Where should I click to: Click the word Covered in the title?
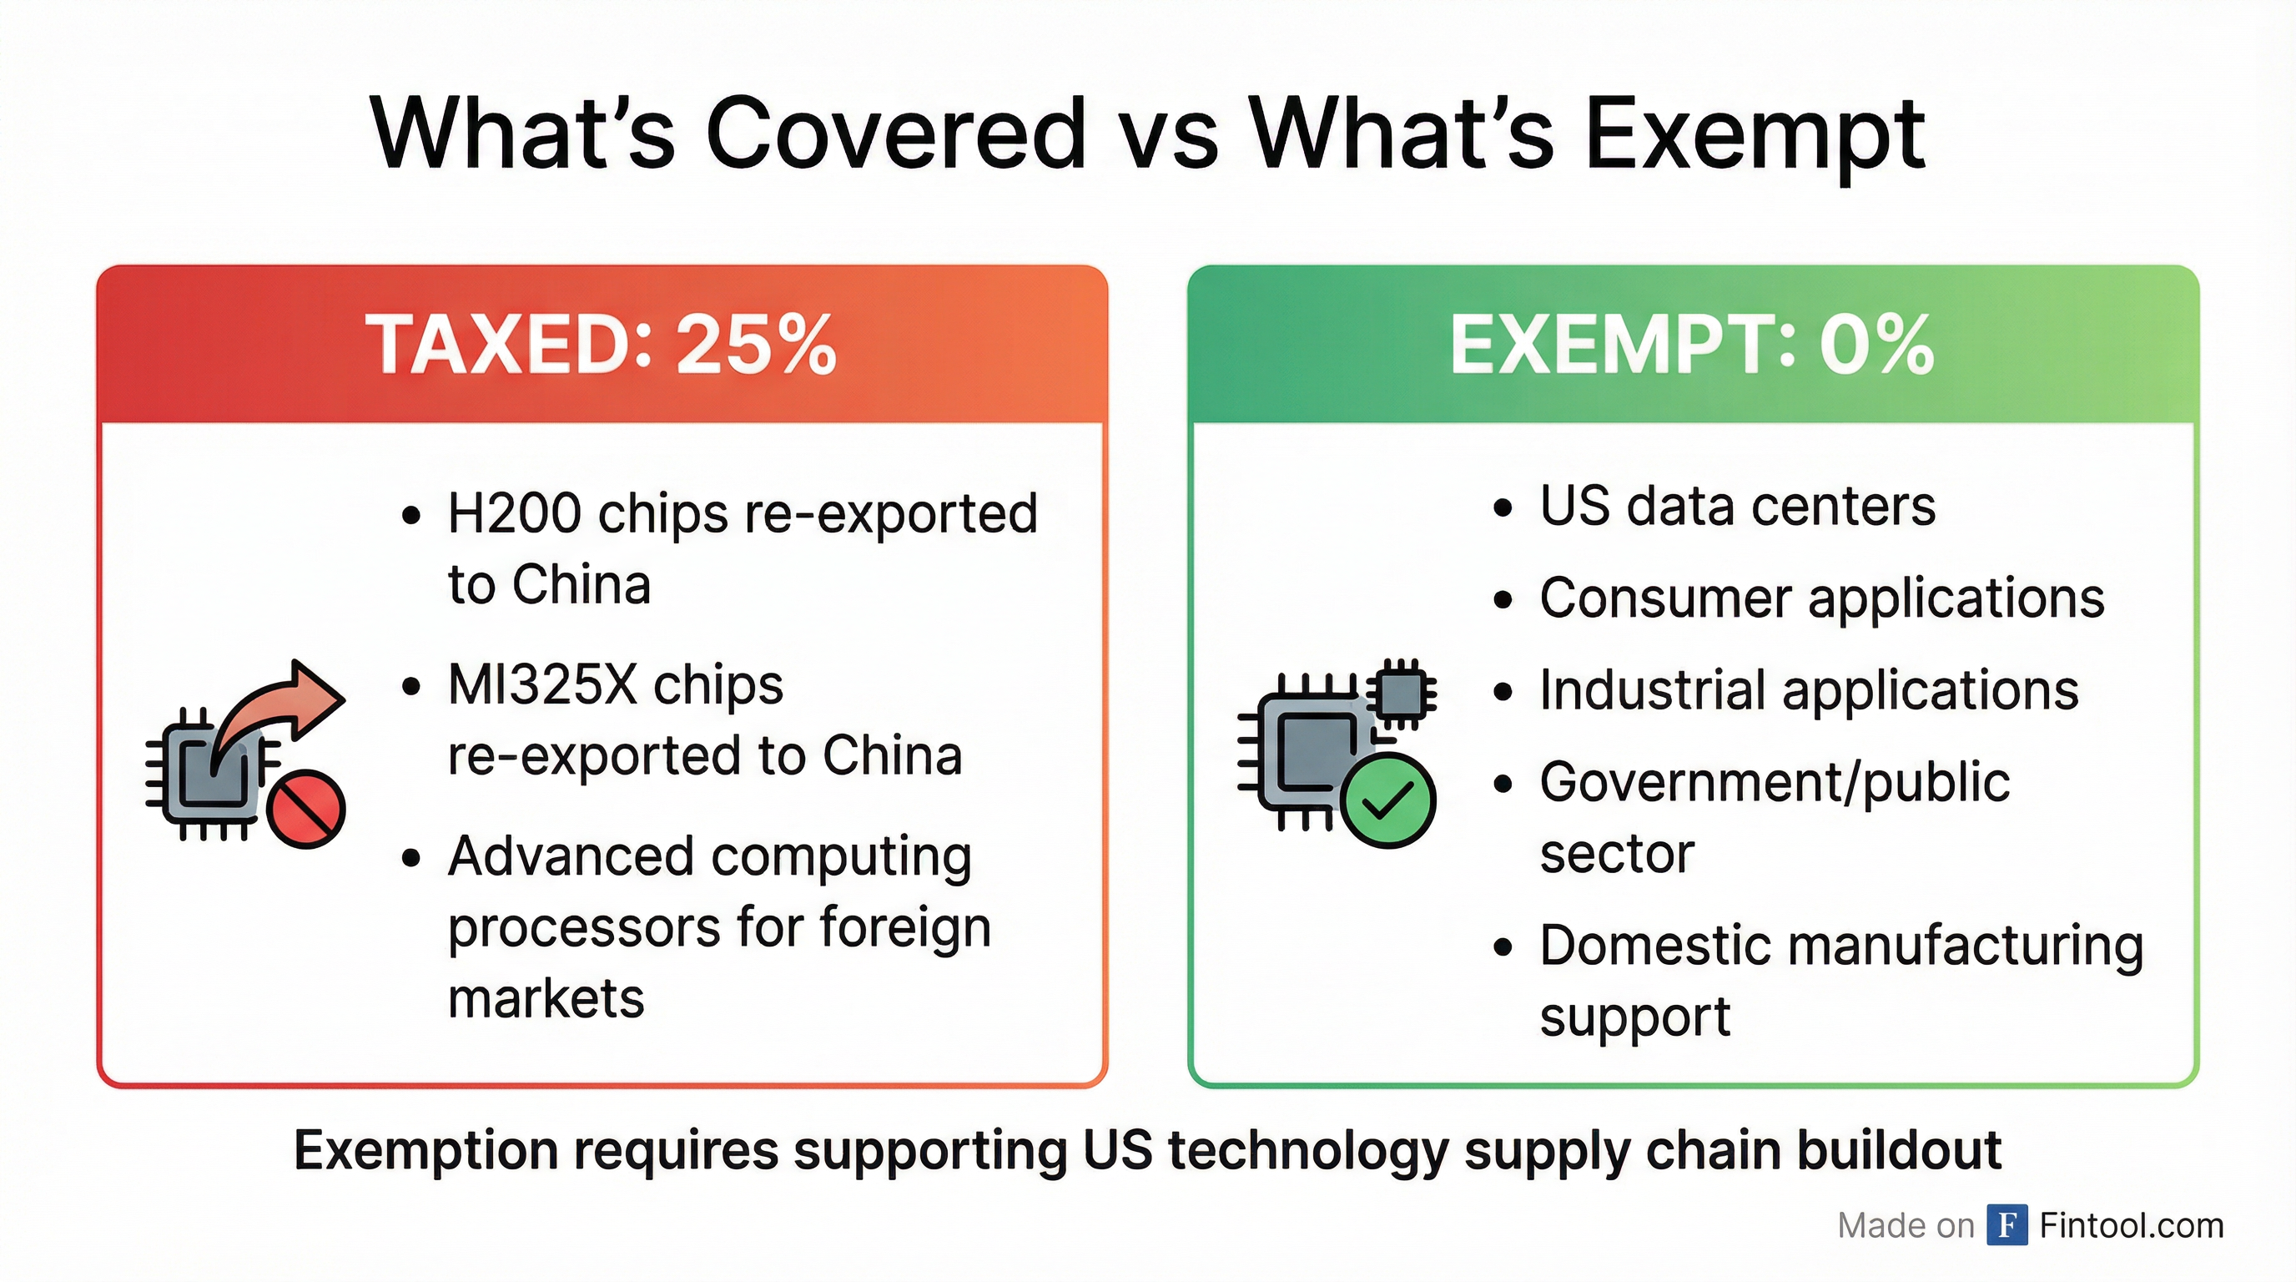click(896, 134)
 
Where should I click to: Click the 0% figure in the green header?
click(1876, 344)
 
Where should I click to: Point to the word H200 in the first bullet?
click(513, 513)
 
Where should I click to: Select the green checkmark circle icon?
click(1387, 800)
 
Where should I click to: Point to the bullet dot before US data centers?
click(1503, 508)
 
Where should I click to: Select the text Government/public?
click(1775, 784)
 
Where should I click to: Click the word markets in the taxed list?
click(546, 998)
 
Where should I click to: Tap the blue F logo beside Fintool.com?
click(2007, 1225)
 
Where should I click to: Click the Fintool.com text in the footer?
click(2131, 1226)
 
